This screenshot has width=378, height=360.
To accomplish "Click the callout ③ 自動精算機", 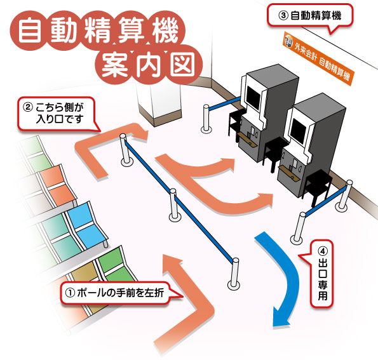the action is [x=310, y=16].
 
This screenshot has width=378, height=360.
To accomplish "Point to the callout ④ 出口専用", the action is [x=322, y=274].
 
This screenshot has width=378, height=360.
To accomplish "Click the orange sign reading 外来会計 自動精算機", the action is [x=318, y=58].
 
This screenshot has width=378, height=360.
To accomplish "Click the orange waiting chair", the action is [x=57, y=186].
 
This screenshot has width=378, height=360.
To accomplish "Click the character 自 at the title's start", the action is [x=29, y=31].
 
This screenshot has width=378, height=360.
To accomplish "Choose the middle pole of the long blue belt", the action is [x=173, y=205].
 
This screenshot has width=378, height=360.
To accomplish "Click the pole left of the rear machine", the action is [x=206, y=119].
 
